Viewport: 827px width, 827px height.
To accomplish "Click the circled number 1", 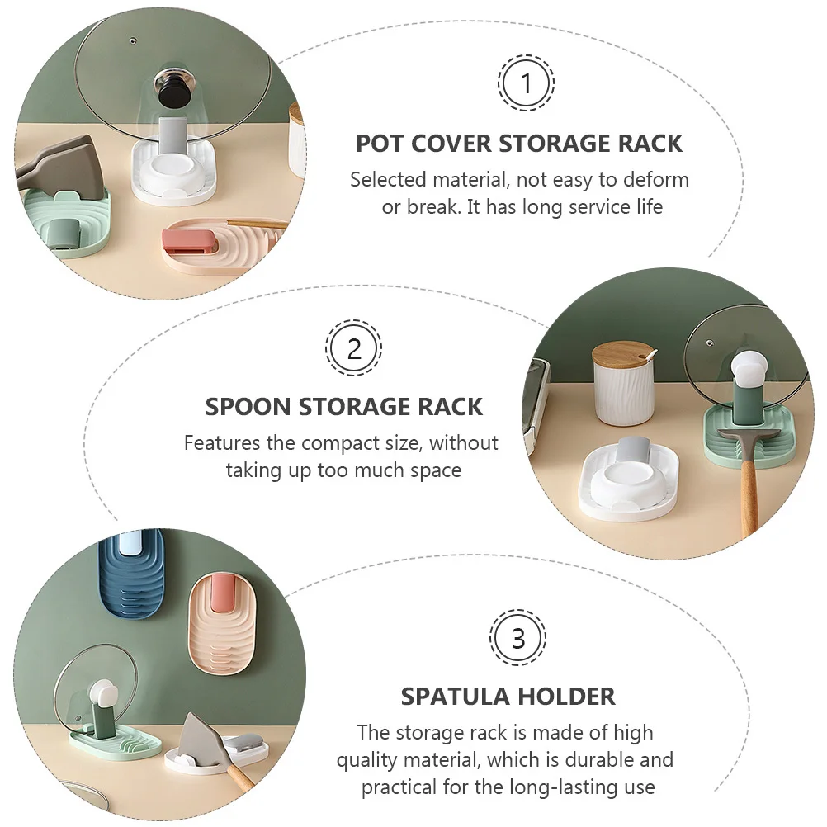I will [526, 83].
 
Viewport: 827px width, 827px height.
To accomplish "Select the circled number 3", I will [517, 638].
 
